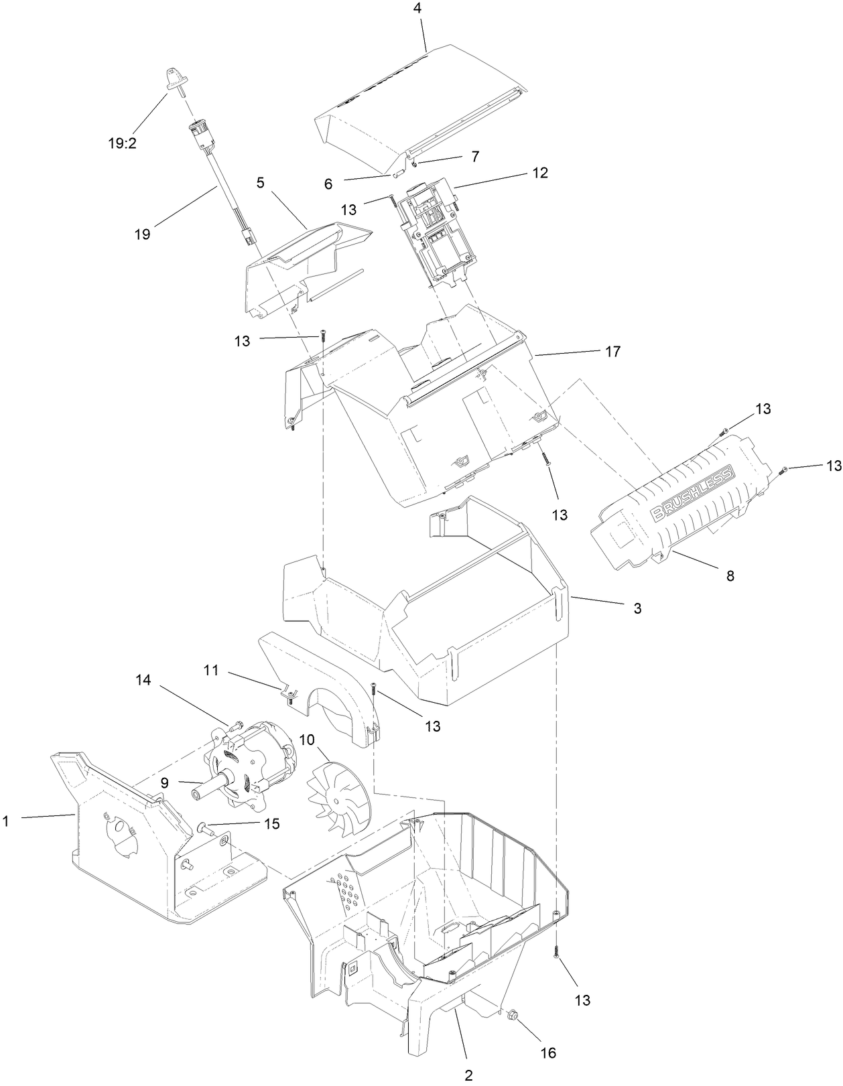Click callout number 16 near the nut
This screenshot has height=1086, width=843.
click(x=548, y=1053)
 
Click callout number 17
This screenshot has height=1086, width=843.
click(x=612, y=351)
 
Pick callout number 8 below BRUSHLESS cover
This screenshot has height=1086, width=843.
click(x=730, y=575)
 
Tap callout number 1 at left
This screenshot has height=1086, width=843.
click(x=6, y=820)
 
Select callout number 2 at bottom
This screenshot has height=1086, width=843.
click(x=468, y=1076)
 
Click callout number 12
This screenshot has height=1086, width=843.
click(x=541, y=173)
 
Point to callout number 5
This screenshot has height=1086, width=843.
click(x=260, y=182)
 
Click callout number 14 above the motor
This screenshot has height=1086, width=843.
click(x=143, y=680)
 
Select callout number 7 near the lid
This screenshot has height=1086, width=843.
click(x=475, y=156)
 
